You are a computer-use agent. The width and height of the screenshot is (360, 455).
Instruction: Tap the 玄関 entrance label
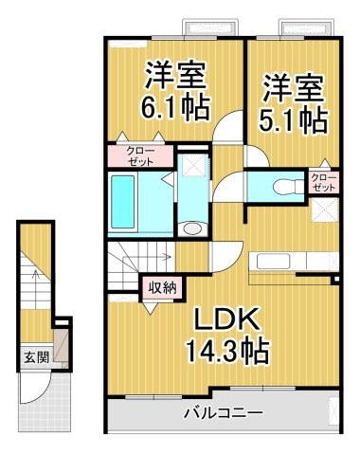point(33,357)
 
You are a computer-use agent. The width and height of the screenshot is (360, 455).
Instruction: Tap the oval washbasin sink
point(193,227)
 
